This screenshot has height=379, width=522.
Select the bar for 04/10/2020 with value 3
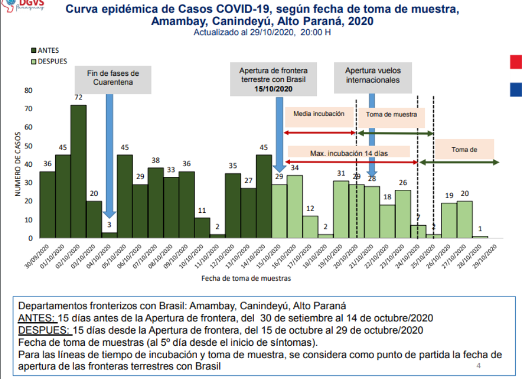click(x=109, y=235)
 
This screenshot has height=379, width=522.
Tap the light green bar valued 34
click(x=294, y=207)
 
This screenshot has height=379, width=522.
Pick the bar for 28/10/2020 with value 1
click(x=480, y=236)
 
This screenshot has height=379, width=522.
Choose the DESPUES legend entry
click(x=47, y=61)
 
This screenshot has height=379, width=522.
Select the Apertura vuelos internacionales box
click(x=373, y=75)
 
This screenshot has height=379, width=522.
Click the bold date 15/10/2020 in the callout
click(x=273, y=89)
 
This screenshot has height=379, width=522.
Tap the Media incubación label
click(x=319, y=114)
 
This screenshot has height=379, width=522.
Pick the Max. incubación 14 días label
click(x=349, y=152)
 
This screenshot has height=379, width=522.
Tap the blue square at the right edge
click(x=516, y=89)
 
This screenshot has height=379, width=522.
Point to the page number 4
click(x=479, y=366)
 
